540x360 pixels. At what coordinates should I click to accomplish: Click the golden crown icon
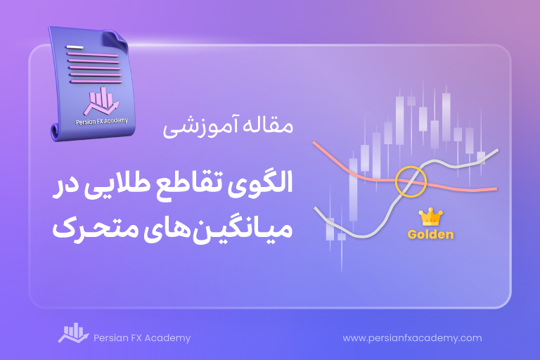coord(430,217)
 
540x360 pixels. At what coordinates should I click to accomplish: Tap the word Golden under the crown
coord(430,235)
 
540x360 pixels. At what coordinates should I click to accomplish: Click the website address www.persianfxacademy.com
coord(412,338)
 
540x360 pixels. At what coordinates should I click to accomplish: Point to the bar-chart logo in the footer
coord(73,333)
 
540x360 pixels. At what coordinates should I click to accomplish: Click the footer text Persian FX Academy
coord(142,338)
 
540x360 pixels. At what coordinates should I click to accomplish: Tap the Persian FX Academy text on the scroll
coord(102,121)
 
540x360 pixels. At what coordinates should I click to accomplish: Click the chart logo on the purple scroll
coord(101,101)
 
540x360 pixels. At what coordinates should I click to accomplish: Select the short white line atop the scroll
coord(75,47)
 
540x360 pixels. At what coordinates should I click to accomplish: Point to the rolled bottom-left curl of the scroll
coord(56,131)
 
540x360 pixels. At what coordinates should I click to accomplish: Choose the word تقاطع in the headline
coord(192,184)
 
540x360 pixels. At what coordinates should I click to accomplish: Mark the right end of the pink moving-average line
coord(496,188)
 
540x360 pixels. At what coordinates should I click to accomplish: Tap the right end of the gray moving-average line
coord(498,150)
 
